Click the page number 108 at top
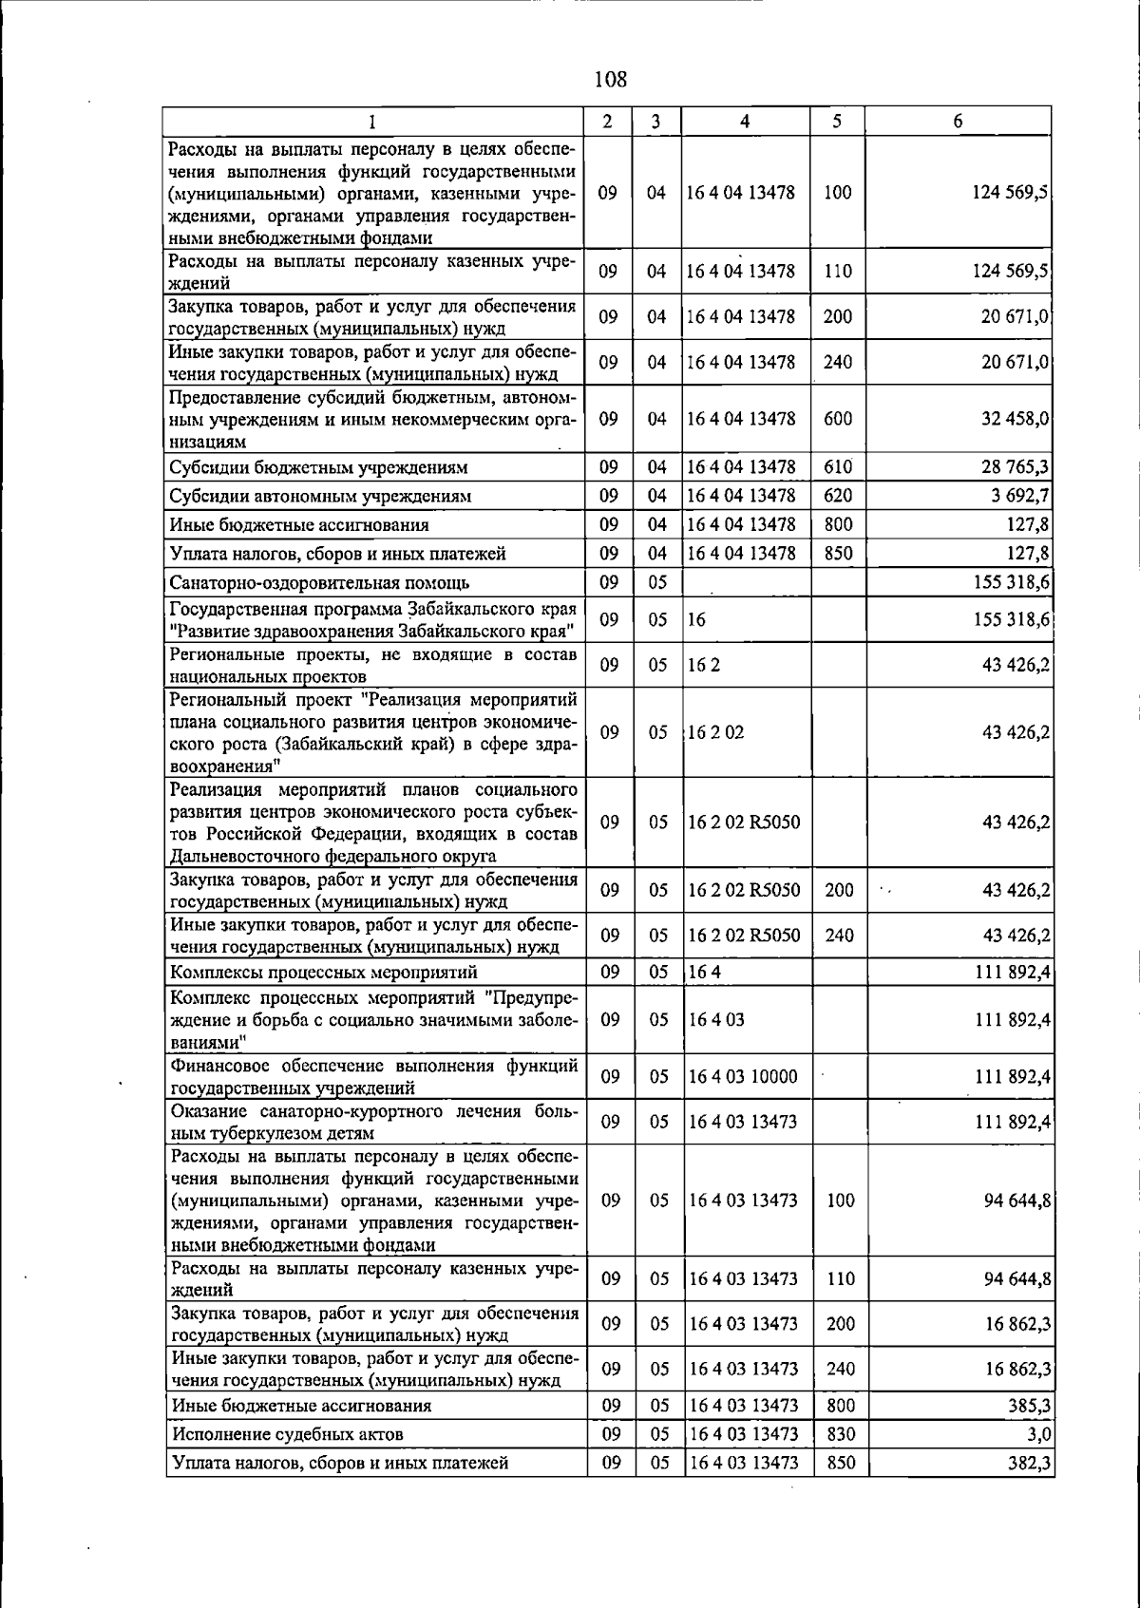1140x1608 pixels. tap(611, 79)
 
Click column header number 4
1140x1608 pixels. tap(745, 122)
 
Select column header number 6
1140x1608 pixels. tap(958, 122)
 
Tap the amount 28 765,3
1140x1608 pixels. tap(1015, 467)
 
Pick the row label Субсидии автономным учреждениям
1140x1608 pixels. tap(320, 496)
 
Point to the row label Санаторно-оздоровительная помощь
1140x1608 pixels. tap(319, 582)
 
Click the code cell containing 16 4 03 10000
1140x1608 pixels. tap(743, 1076)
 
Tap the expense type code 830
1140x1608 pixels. tap(841, 1434)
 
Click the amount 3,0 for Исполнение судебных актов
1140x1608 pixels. tap(1039, 1434)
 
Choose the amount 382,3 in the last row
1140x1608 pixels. tap(1029, 1463)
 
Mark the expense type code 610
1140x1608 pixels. tap(838, 467)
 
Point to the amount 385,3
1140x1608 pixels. tap(1029, 1406)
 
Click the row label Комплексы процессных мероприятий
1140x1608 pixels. tap(323, 973)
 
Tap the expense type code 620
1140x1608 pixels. tap(838, 496)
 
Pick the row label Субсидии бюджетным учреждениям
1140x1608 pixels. tap(318, 467)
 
